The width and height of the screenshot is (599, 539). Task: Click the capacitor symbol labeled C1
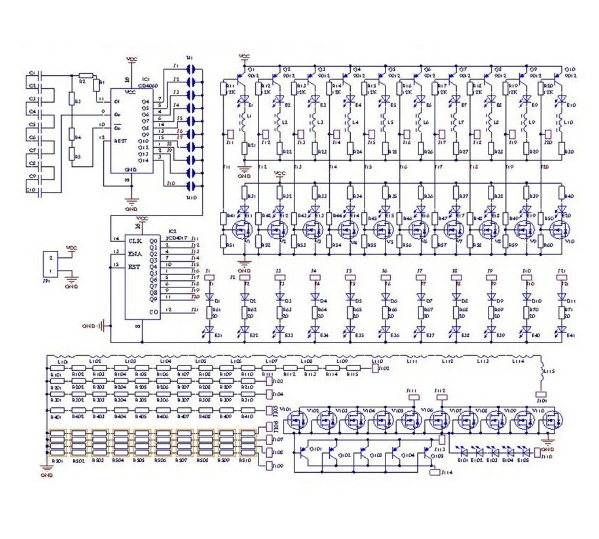pos(42,75)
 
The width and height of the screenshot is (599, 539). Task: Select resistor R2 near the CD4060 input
pos(85,75)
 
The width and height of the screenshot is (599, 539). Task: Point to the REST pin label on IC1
pos(120,140)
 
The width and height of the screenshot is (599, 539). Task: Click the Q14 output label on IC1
pos(145,160)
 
